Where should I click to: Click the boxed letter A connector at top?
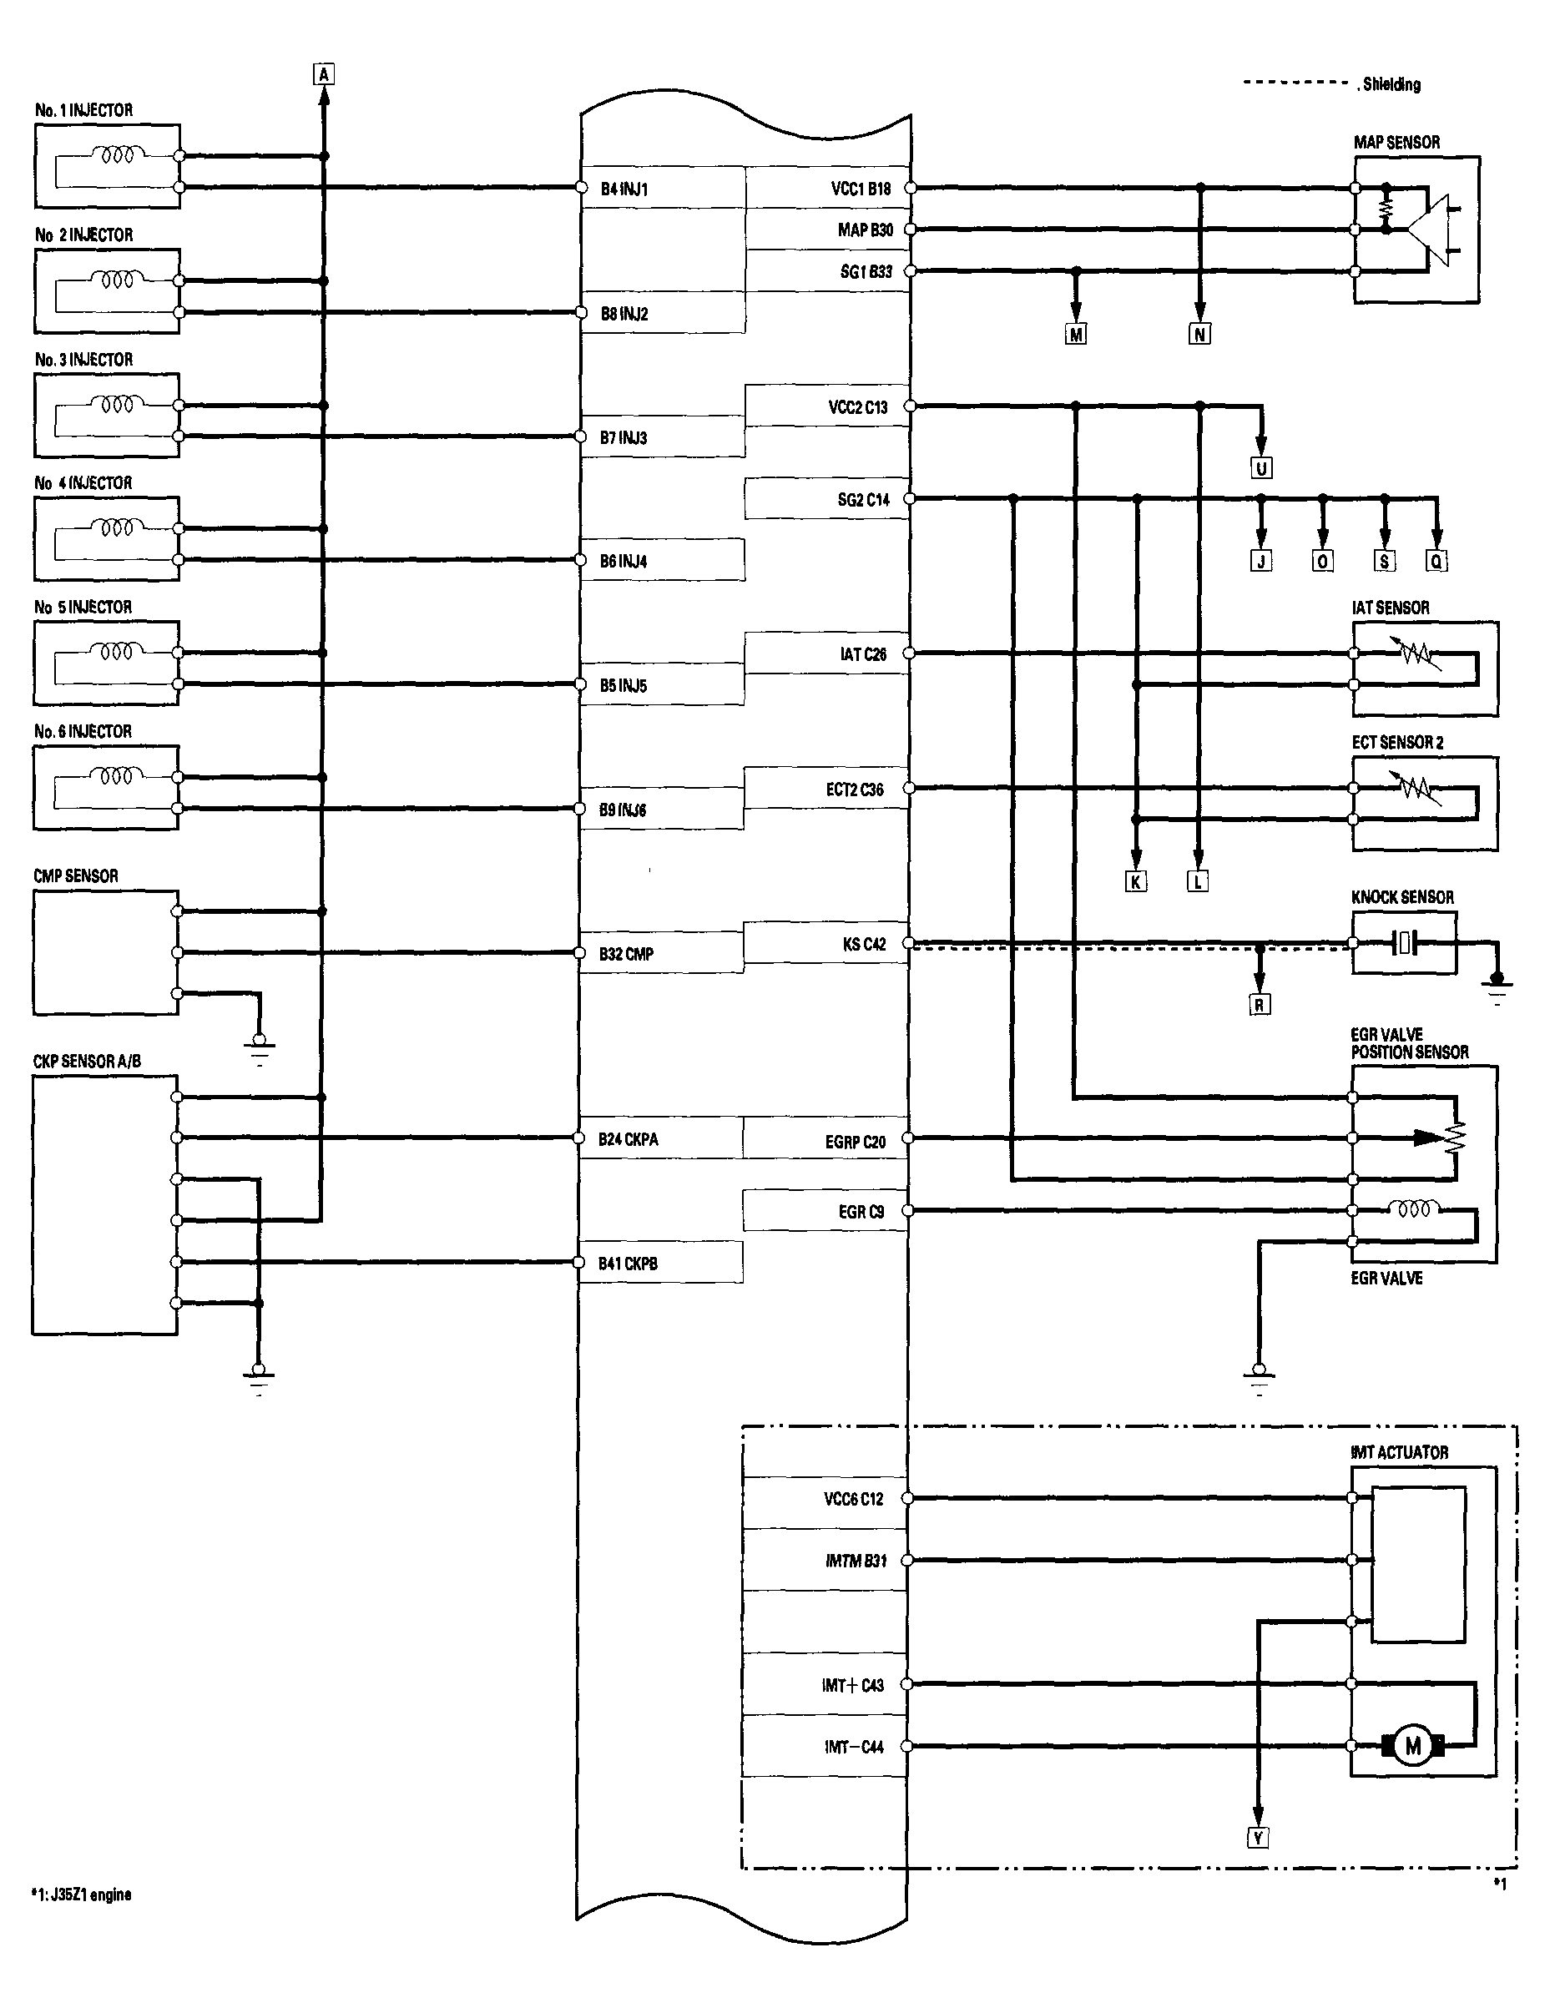pyautogui.click(x=324, y=73)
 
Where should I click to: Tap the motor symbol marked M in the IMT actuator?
pyautogui.click(x=1413, y=1746)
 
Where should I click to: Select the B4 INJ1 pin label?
pyautogui.click(x=624, y=189)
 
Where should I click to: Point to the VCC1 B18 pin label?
pyautogui.click(x=861, y=189)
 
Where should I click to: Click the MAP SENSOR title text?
pyautogui.click(x=1396, y=143)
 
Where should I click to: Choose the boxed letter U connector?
pyautogui.click(x=1261, y=468)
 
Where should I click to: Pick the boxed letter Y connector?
pyautogui.click(x=1258, y=1837)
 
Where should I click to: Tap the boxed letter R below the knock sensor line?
pyautogui.click(x=1260, y=1005)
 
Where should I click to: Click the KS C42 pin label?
pyautogui.click(x=864, y=944)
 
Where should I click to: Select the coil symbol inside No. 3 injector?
pyautogui.click(x=117, y=404)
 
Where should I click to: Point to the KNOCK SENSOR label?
pyautogui.click(x=1403, y=897)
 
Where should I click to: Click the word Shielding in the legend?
pyautogui.click(x=1392, y=84)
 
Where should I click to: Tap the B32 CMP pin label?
pyautogui.click(x=626, y=955)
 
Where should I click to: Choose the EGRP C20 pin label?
pyautogui.click(x=855, y=1142)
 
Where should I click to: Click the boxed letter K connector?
pyautogui.click(x=1135, y=881)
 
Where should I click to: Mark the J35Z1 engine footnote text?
pyautogui.click(x=82, y=1894)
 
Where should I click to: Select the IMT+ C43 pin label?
pyautogui.click(x=852, y=1684)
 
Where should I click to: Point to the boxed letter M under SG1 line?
pyautogui.click(x=1076, y=335)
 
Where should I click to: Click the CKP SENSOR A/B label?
pyautogui.click(x=88, y=1061)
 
